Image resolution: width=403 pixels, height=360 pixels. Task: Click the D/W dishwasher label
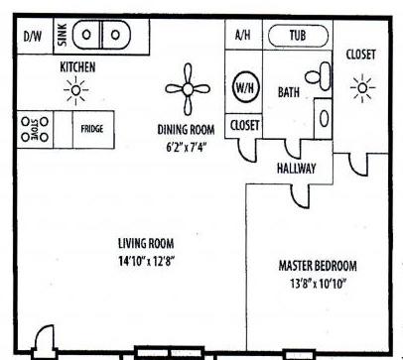pyautogui.click(x=33, y=36)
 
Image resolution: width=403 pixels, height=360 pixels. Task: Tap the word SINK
pyautogui.click(x=63, y=35)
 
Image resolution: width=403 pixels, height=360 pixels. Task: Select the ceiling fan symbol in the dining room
pyautogui.click(x=188, y=89)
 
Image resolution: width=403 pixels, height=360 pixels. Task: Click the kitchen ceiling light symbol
pyautogui.click(x=75, y=90)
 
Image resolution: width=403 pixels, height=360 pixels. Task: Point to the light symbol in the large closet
pyautogui.click(x=362, y=88)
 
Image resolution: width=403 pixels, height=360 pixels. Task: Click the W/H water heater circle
pyautogui.click(x=244, y=87)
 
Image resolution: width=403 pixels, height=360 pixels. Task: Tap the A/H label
pyautogui.click(x=242, y=35)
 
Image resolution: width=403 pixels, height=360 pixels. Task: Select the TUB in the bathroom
pyautogui.click(x=298, y=36)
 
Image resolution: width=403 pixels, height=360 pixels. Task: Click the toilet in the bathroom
pyautogui.click(x=319, y=76)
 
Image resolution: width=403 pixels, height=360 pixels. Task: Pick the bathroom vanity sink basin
pyautogui.click(x=325, y=118)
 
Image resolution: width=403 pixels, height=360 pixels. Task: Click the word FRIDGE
pyautogui.click(x=92, y=129)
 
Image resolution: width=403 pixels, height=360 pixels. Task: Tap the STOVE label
pyautogui.click(x=35, y=129)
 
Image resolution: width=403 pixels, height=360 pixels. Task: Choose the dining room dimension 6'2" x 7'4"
pyautogui.click(x=187, y=147)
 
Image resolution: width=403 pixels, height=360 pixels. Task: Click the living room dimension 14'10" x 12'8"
pyautogui.click(x=146, y=261)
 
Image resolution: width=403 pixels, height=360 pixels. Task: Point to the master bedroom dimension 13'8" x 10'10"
pyautogui.click(x=319, y=283)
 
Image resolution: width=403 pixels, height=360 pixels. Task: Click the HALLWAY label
pyautogui.click(x=296, y=169)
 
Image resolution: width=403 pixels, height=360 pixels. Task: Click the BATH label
pyautogui.click(x=289, y=92)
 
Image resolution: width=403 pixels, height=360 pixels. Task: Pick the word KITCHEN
pyautogui.click(x=77, y=67)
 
